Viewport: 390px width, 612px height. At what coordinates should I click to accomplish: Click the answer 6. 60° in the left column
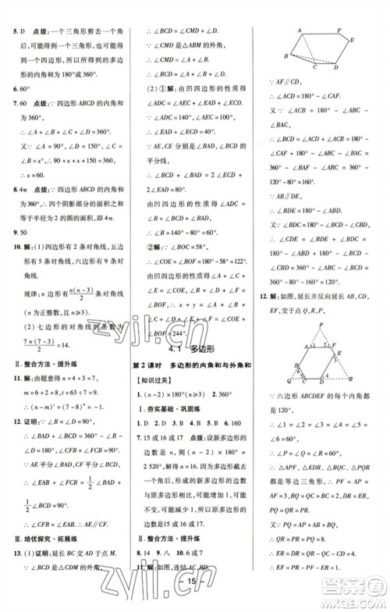click(x=14, y=91)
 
